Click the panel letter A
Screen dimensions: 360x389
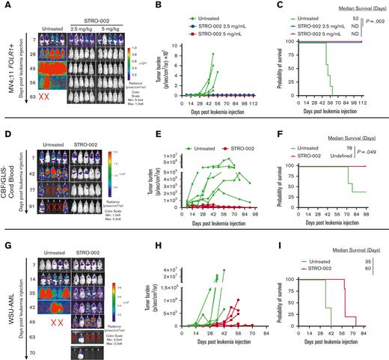[x=5, y=5]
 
